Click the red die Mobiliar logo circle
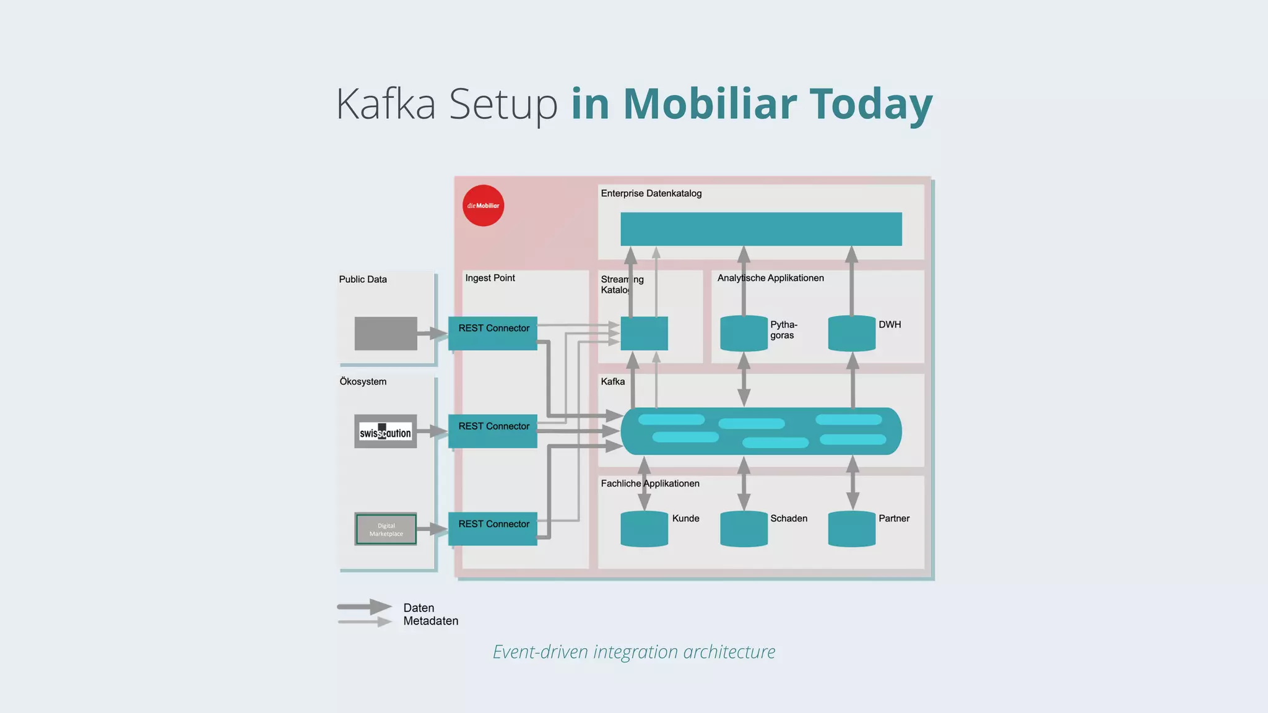(483, 205)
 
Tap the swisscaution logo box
(385, 431)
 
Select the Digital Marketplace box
(386, 529)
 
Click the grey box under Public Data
(386, 334)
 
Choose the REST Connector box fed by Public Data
(493, 333)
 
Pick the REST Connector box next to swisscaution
(493, 431)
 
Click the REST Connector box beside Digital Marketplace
(493, 529)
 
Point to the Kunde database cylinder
(644, 529)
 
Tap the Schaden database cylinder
(744, 529)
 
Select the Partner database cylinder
(851, 529)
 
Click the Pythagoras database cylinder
(744, 334)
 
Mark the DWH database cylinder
(851, 334)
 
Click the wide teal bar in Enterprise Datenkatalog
(761, 229)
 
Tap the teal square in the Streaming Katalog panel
(644, 334)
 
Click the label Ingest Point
(490, 278)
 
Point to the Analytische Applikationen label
(770, 278)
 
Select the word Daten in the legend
(419, 608)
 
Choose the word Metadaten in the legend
(431, 621)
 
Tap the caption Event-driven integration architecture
(634, 652)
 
